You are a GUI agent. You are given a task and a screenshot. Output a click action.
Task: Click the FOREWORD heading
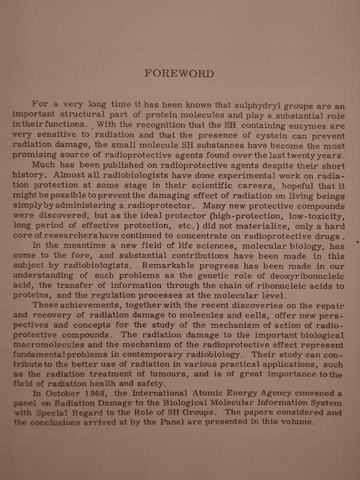[x=179, y=73]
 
